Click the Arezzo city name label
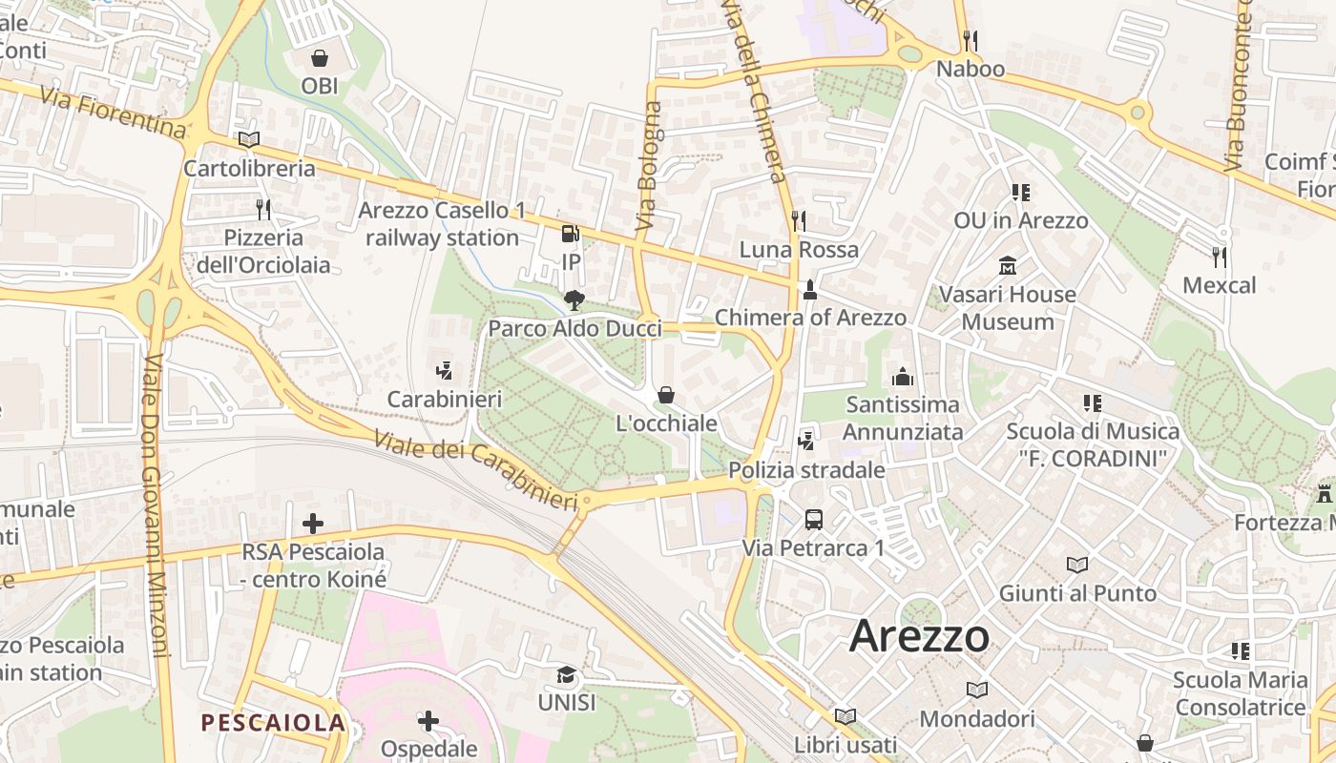pyautogui.click(x=919, y=636)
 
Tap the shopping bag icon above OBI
pyautogui.click(x=320, y=58)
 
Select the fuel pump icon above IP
pyautogui.click(x=570, y=234)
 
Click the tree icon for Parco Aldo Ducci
pyautogui.click(x=574, y=300)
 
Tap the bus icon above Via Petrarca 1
pyautogui.click(x=814, y=520)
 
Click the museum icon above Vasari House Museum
pyautogui.click(x=1007, y=265)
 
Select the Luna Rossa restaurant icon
pyautogui.click(x=799, y=221)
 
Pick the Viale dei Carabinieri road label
pyautogui.click(x=475, y=469)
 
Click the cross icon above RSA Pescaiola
pyautogui.click(x=313, y=524)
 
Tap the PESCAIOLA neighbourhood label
pyautogui.click(x=273, y=723)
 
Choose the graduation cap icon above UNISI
pyautogui.click(x=567, y=675)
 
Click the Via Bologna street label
pyautogui.click(x=649, y=165)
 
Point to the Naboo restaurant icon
pyautogui.click(x=971, y=41)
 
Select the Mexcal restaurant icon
pyautogui.click(x=1219, y=257)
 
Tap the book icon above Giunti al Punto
pyautogui.click(x=1077, y=565)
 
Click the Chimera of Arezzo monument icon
pyautogui.click(x=810, y=289)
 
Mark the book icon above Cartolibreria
pyautogui.click(x=249, y=139)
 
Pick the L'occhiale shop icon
pyautogui.click(x=666, y=395)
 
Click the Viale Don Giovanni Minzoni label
pyautogui.click(x=155, y=505)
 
